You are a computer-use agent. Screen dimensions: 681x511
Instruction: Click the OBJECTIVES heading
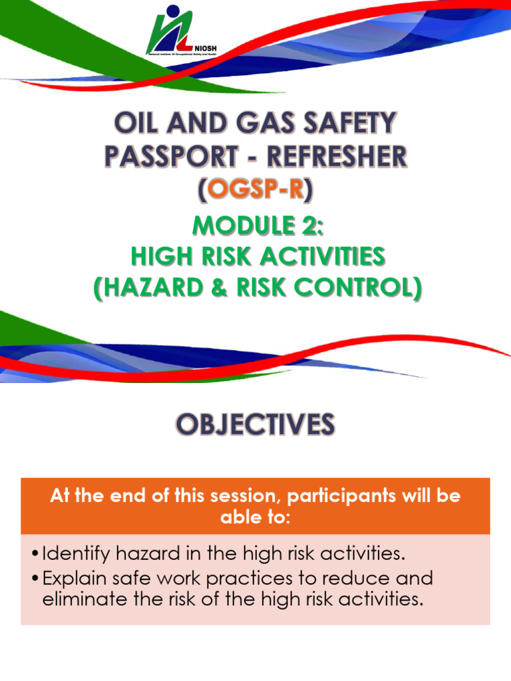click(255, 424)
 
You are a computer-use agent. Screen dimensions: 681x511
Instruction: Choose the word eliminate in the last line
click(81, 599)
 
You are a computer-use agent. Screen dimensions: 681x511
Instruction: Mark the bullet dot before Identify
click(35, 554)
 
